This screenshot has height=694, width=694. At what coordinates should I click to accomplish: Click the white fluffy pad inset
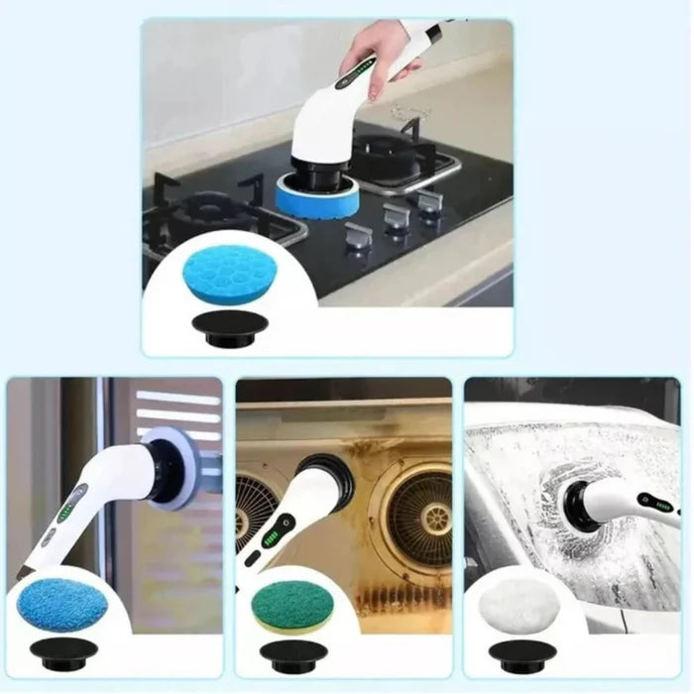point(521,603)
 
